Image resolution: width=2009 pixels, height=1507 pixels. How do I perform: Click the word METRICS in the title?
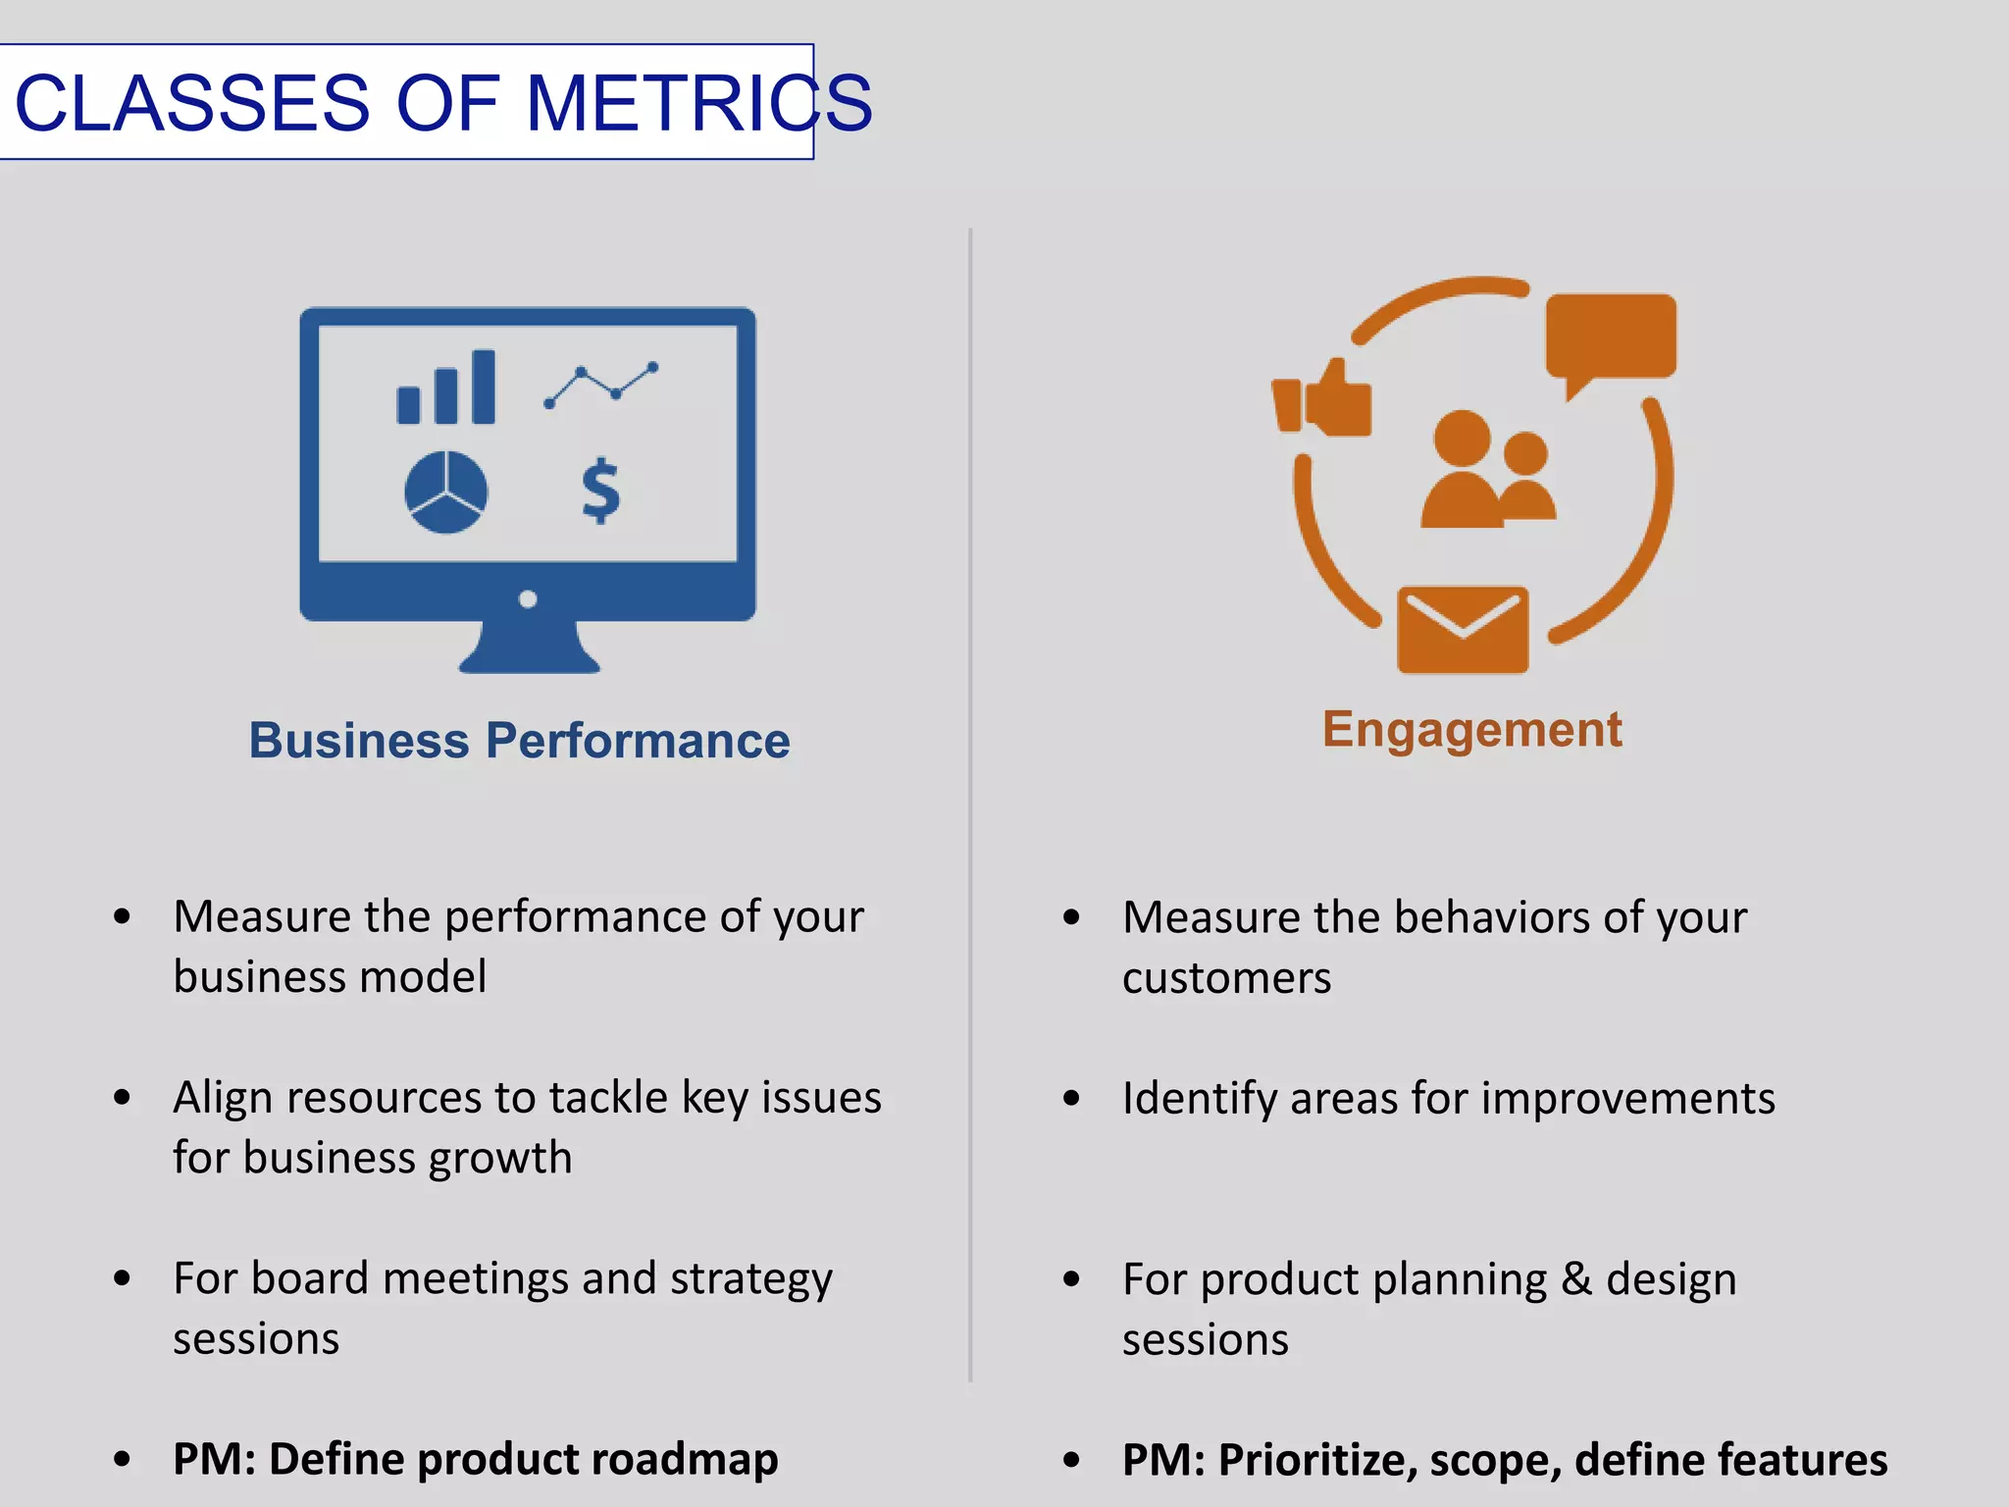tap(698, 102)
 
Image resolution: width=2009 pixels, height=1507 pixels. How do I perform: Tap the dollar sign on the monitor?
tap(600, 491)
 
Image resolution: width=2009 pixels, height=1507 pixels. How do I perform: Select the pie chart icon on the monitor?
tap(446, 493)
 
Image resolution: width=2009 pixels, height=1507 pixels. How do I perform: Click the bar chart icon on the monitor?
tap(446, 388)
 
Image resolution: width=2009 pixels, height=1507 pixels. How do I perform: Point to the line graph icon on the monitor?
tap(600, 385)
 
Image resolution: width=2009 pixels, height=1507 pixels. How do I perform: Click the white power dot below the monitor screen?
tap(528, 598)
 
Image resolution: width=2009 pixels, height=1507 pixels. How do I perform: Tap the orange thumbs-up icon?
tap(1322, 400)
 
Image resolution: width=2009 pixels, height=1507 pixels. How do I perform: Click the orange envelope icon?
tap(1462, 630)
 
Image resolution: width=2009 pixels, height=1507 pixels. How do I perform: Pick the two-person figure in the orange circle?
tap(1487, 471)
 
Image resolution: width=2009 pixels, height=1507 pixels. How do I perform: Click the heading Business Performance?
tap(519, 740)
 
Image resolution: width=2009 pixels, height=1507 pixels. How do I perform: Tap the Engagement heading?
tap(1471, 729)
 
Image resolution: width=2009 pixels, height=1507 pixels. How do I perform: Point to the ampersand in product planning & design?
tap(1576, 1278)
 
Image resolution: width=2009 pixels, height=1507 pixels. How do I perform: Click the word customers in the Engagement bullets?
tap(1226, 978)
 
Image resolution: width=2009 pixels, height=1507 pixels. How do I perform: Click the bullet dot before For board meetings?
tap(122, 1278)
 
